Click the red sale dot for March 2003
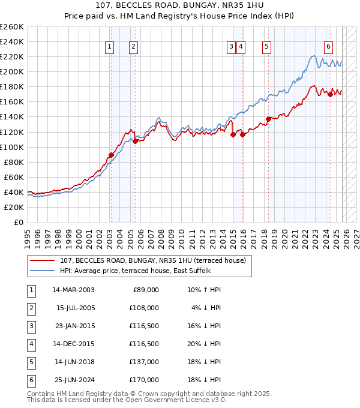[x=111, y=155]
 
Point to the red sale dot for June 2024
[x=330, y=94]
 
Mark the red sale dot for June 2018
[x=268, y=119]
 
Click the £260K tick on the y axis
[x=12, y=27]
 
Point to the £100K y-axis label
[x=12, y=147]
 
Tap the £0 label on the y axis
[x=19, y=222]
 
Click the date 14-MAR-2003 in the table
[x=73, y=290]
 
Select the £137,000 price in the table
[x=145, y=362]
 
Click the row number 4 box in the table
[x=31, y=344]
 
